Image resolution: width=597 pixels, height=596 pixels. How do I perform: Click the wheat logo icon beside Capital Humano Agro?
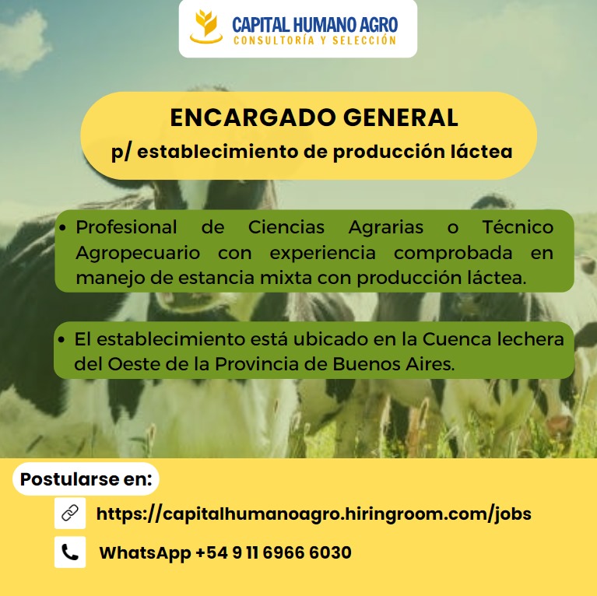pos(206,26)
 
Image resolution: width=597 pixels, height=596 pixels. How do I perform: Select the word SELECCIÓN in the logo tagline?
pos(364,40)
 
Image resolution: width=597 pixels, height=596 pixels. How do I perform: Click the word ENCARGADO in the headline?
pos(253,117)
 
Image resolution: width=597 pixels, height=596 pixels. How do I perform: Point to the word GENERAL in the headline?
pos(401,117)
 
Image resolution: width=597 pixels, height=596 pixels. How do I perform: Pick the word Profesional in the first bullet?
pos(126,227)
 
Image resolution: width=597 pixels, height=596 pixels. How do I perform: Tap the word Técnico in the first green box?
pos(518,227)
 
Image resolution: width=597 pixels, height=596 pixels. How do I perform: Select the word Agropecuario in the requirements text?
pos(138,253)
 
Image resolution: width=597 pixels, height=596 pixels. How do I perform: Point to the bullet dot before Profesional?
pos(63,228)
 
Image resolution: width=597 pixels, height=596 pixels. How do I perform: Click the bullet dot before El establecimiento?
pos(61,339)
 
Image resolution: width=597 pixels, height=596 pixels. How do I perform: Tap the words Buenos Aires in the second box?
pos(393,364)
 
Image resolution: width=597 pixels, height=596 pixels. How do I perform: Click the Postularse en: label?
pos(86,479)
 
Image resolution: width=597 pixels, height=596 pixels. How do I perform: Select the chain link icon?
pos(70,513)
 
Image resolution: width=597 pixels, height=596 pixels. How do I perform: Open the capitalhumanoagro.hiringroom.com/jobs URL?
pos(314,514)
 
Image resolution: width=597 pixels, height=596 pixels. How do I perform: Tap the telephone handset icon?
pos(70,552)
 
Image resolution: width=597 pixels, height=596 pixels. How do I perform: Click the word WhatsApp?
pos(145,552)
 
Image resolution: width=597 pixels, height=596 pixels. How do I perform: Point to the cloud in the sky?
pos(23,41)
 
